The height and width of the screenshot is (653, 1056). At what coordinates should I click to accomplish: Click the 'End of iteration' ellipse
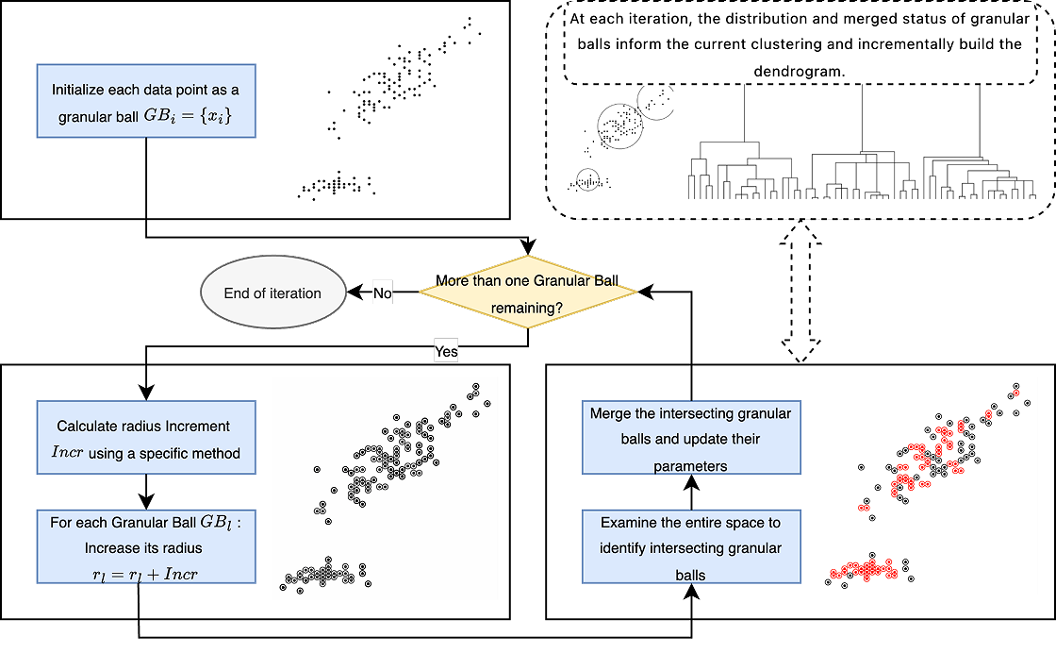(x=272, y=293)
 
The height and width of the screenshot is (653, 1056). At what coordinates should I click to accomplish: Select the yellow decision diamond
(x=527, y=293)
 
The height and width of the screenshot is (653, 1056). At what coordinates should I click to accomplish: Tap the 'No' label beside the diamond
(x=382, y=293)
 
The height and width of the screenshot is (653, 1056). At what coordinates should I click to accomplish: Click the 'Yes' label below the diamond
(x=446, y=351)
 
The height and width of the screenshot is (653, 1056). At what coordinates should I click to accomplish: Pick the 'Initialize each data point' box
(x=146, y=102)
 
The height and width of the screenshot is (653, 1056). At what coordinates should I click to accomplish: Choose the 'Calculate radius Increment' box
(x=146, y=440)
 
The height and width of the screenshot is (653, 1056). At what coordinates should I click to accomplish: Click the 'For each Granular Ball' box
(x=146, y=547)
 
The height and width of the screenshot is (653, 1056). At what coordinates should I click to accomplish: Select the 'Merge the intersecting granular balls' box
(x=691, y=439)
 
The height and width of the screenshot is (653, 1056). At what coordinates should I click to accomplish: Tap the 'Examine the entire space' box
(x=691, y=547)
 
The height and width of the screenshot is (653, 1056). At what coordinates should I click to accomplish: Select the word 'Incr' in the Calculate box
(x=67, y=454)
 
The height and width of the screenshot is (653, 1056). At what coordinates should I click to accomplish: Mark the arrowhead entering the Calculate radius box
(x=146, y=393)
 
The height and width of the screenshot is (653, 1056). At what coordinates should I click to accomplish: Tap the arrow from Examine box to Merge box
(x=692, y=493)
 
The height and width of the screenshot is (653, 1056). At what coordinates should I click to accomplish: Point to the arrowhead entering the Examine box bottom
(x=692, y=592)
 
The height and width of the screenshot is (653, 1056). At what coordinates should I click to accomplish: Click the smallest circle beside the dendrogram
(x=587, y=179)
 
